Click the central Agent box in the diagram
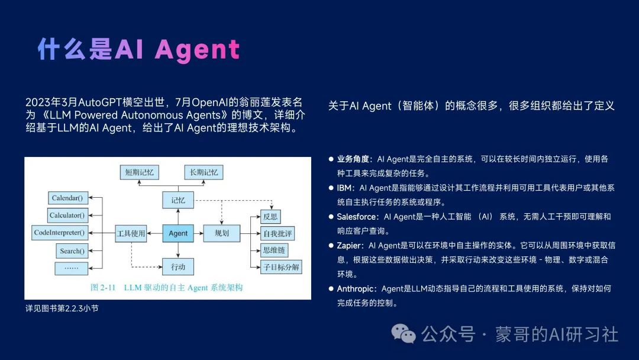coord(177,233)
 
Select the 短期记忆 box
coord(139,172)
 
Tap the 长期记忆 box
coord(204,172)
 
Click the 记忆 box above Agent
coord(177,200)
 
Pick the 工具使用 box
coord(130,233)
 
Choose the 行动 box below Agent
coord(177,266)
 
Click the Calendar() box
coord(67,198)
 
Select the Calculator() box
coord(67,215)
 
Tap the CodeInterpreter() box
coord(59,233)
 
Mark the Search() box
coord(72,251)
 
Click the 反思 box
coord(270,217)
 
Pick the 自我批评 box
coord(277,233)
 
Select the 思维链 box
coord(274,250)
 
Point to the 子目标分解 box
coord(280,267)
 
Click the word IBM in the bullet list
coord(344,188)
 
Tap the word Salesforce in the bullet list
coord(357,217)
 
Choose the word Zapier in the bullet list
coord(350,245)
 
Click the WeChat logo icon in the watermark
coord(405,335)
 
